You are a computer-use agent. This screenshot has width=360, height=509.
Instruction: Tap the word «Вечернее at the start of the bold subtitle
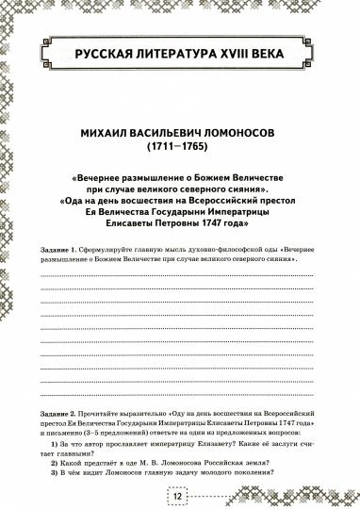pos(103,176)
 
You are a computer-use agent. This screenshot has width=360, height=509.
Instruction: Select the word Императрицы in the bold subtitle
pos(259,211)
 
